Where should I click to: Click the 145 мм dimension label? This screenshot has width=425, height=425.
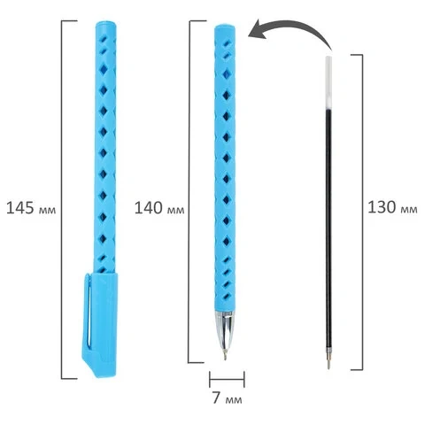pyautogui.click(x=31, y=208)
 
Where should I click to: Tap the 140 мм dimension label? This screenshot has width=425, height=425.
pyautogui.click(x=159, y=208)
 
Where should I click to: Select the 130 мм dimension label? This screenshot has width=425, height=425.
pyautogui.click(x=392, y=207)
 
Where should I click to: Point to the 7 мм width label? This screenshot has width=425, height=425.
pyautogui.click(x=227, y=398)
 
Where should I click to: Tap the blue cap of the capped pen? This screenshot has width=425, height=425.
pyautogui.click(x=100, y=325)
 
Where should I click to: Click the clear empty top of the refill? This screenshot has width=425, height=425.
pyautogui.click(x=328, y=82)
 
